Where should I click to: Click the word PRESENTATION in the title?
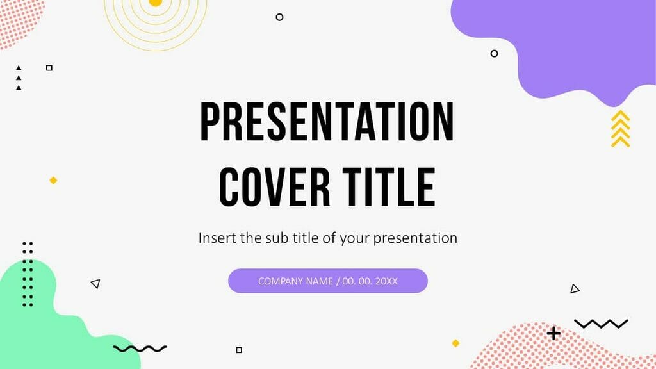[x=327, y=122]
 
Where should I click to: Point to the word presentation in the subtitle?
[x=415, y=239]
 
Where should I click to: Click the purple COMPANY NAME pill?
[x=327, y=281]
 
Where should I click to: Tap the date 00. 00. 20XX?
[x=370, y=281]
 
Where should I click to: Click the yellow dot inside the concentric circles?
[x=155, y=3]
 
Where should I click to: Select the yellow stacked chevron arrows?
[x=620, y=129]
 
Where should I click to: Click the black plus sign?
[x=553, y=333]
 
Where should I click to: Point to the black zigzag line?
[x=601, y=324]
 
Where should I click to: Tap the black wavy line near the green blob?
[x=140, y=348]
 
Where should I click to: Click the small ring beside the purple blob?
[x=494, y=53]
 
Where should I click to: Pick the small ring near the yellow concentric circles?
[x=279, y=17]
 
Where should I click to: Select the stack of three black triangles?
[x=19, y=78]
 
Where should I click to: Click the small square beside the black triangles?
[x=49, y=68]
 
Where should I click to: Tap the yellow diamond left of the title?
[x=53, y=181]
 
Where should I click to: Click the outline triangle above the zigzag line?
[x=574, y=289]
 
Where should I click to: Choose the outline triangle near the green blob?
[x=95, y=283]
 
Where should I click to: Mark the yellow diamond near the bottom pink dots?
[x=455, y=343]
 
